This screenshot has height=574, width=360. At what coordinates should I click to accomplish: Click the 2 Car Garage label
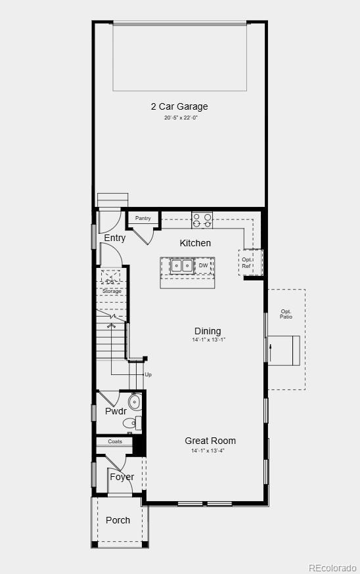coord(179,106)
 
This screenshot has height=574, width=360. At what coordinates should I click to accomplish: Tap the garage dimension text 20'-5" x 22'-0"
coord(181,118)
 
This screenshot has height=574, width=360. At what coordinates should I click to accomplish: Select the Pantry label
coord(143,218)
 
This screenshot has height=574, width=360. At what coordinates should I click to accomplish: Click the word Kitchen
coord(196,243)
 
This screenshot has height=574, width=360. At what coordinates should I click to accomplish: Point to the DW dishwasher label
coord(204,265)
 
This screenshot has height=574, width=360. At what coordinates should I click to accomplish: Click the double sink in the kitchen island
coord(181,266)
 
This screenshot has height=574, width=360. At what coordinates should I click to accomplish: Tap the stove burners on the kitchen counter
coord(202,219)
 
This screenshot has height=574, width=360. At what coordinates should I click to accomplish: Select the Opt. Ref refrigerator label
coord(246,263)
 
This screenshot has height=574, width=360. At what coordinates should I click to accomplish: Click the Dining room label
coord(208,331)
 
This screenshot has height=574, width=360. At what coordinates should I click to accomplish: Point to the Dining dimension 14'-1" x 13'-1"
coord(208,340)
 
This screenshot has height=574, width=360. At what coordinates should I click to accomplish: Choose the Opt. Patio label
coord(286,314)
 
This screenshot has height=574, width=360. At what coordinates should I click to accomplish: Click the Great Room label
coord(210,441)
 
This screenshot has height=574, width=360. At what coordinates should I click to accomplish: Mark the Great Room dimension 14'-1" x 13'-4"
coord(208,451)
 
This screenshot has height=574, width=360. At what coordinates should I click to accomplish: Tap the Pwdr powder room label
coord(116,411)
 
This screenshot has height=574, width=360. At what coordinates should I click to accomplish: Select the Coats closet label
coord(115,441)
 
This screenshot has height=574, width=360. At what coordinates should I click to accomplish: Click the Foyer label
coord(122,477)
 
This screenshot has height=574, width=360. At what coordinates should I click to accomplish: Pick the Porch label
coord(118,520)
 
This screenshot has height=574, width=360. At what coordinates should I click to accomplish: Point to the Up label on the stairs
coord(148,374)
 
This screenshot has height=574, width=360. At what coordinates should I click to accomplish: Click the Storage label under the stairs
coord(112,291)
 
